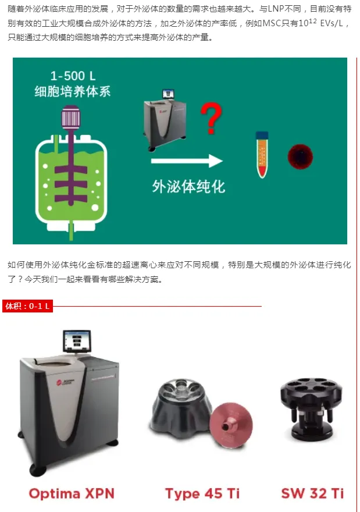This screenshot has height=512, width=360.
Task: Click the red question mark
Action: pyautogui.click(x=211, y=118)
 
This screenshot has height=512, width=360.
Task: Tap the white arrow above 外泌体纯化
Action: pyautogui.click(x=187, y=161)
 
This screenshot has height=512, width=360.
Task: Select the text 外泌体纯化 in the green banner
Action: pyautogui.click(x=188, y=186)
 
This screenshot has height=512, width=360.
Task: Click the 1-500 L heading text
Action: pyautogui.click(x=73, y=76)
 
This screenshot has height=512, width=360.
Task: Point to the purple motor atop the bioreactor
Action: pyautogui.click(x=71, y=117)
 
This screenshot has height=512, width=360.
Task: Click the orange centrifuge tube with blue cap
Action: pyautogui.click(x=262, y=154)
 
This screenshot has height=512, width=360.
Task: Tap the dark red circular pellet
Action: pyautogui.click(x=300, y=157)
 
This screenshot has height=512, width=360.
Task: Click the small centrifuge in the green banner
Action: pyautogui.click(x=165, y=120)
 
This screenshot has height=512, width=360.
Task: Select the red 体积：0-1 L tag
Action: pyautogui.click(x=28, y=306)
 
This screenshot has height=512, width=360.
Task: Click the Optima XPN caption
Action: pyautogui.click(x=72, y=493)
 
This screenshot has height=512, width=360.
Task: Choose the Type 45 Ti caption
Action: pyautogui.click(x=202, y=493)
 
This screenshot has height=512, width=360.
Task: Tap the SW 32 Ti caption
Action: pyautogui.click(x=312, y=493)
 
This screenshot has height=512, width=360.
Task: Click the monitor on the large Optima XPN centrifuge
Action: pyautogui.click(x=77, y=341)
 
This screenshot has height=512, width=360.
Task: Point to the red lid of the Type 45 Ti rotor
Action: pyautogui.click(x=231, y=425)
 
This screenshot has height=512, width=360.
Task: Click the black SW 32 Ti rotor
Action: pyautogui.click(x=311, y=409)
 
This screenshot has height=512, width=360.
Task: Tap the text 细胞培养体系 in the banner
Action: pyautogui.click(x=73, y=91)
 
